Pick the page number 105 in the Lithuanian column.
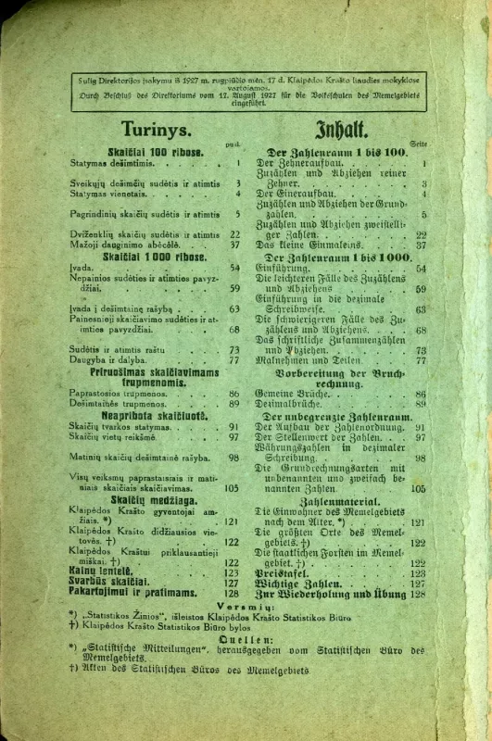point(232,487)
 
